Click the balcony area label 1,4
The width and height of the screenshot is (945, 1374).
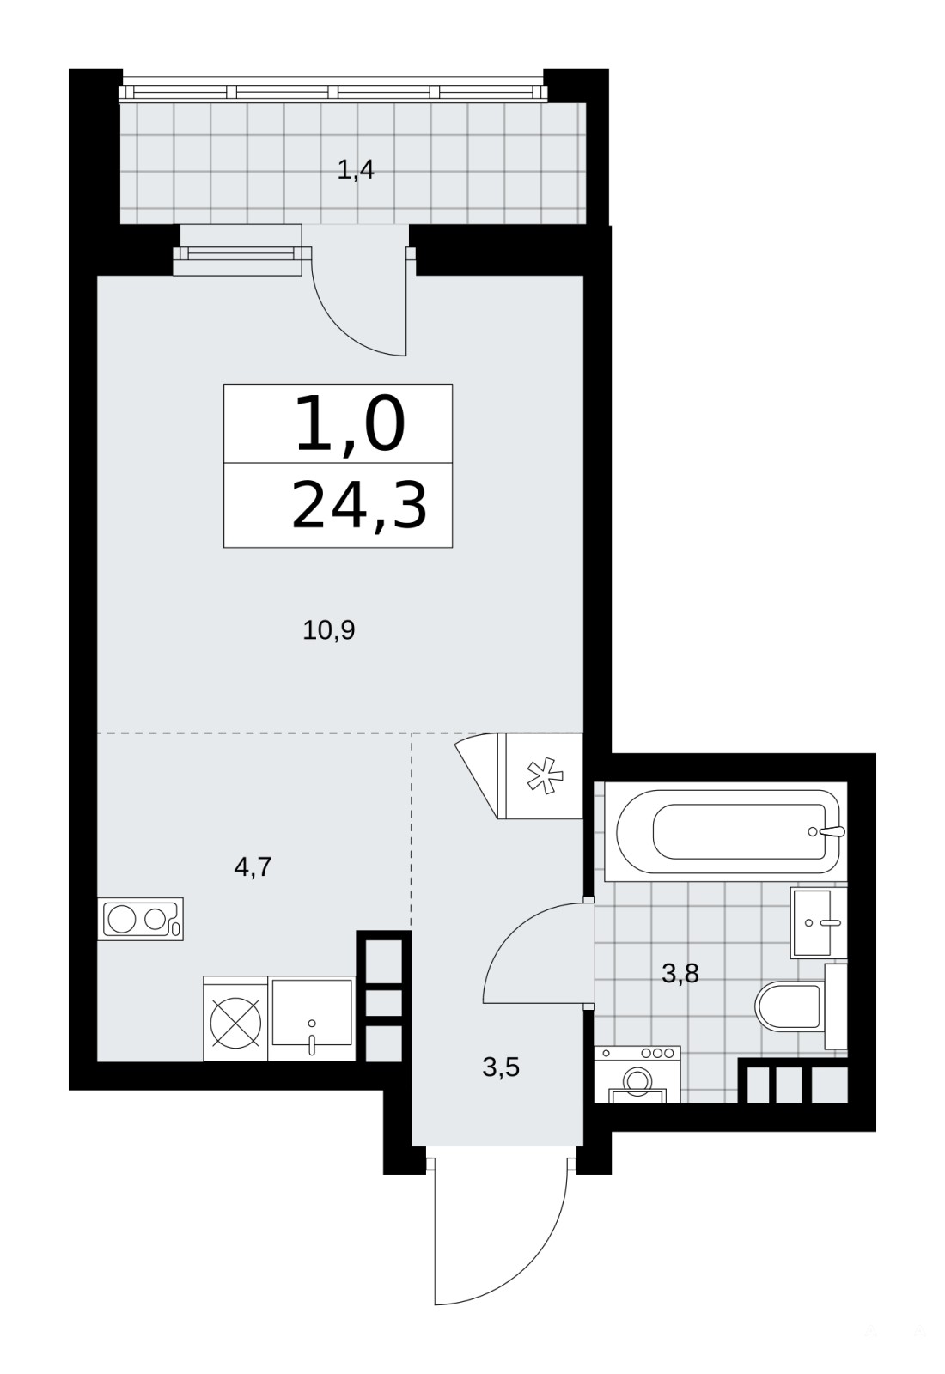click(356, 170)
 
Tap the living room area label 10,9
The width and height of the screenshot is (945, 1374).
click(329, 630)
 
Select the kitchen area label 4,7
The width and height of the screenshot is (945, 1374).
click(253, 867)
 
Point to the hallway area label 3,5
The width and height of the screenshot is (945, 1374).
click(501, 1067)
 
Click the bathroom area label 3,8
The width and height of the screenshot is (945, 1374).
click(680, 973)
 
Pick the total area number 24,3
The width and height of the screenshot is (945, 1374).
click(359, 506)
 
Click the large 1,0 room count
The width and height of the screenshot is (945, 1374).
click(351, 424)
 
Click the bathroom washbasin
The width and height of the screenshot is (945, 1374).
click(819, 922)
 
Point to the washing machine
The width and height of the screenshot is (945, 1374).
click(637, 1074)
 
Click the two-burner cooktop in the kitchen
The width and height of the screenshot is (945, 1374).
click(141, 920)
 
